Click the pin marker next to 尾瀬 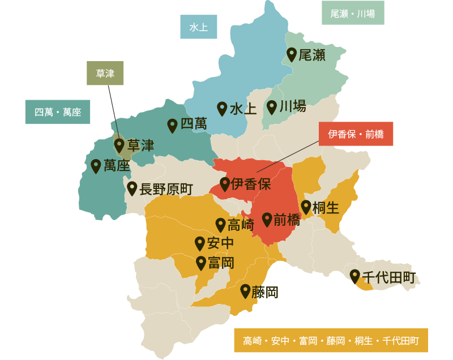(292, 54)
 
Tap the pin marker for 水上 (222, 108)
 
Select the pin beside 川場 (272, 106)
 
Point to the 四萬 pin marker (173, 125)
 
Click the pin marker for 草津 (119, 145)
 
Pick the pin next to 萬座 (96, 165)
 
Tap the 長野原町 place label (166, 189)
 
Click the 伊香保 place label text (251, 184)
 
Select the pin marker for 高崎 (221, 224)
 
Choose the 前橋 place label (287, 220)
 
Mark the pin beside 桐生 (306, 207)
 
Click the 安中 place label (220, 243)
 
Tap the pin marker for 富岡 (201, 263)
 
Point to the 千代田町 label (388, 277)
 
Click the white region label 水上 (198, 27)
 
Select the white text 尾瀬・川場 (352, 14)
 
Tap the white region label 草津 (105, 74)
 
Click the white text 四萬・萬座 (58, 112)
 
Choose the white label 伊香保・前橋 (356, 134)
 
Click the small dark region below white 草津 (113, 104)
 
